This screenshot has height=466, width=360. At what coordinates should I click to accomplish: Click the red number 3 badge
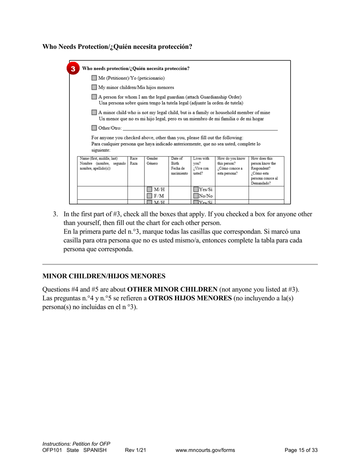(73, 69)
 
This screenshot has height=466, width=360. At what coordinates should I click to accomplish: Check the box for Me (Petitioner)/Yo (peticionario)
(94, 78)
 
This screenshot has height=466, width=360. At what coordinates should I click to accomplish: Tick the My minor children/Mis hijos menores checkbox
(94, 88)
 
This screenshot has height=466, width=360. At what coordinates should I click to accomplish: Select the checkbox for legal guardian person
(94, 97)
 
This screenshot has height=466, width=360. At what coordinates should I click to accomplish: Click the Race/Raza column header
(134, 161)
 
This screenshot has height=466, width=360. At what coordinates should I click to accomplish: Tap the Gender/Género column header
(152, 161)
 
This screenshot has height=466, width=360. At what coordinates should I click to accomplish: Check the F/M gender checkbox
(150, 196)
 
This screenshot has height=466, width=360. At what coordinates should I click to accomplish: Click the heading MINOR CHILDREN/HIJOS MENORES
(104, 276)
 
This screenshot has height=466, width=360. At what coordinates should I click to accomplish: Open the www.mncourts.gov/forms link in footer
(205, 450)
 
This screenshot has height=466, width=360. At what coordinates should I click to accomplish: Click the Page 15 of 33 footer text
(301, 450)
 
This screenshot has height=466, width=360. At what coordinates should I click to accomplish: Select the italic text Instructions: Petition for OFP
(76, 444)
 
